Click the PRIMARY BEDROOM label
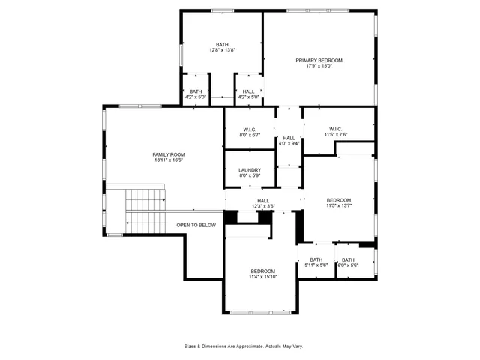(x=319, y=60)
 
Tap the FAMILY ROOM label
(x=169, y=154)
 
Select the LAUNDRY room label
(x=250, y=170)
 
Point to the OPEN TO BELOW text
(x=196, y=225)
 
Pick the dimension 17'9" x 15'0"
(x=319, y=66)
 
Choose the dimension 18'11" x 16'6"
(x=169, y=160)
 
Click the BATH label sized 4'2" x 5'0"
(x=196, y=91)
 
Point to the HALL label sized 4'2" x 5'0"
(x=248, y=91)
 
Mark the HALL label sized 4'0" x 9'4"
(x=289, y=138)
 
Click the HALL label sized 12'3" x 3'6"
(x=263, y=200)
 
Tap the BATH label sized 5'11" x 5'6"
(x=316, y=259)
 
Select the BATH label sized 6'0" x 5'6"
(x=348, y=259)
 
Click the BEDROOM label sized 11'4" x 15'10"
(x=262, y=271)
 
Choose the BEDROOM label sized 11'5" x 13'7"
(x=339, y=200)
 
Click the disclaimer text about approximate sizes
(x=244, y=346)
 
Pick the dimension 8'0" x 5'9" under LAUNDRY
(x=250, y=176)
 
